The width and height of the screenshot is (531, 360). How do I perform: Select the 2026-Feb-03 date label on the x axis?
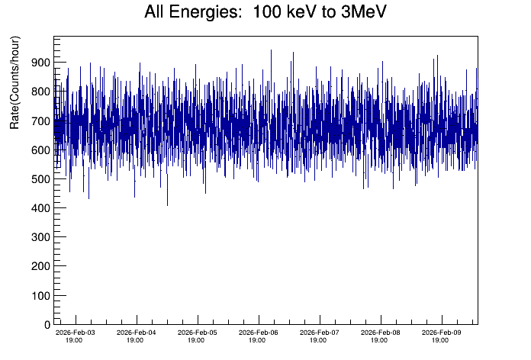pyautogui.click(x=76, y=333)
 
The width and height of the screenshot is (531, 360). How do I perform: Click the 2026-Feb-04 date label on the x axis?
pyautogui.click(x=137, y=333)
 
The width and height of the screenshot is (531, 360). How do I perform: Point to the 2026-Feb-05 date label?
pyautogui.click(x=198, y=333)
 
